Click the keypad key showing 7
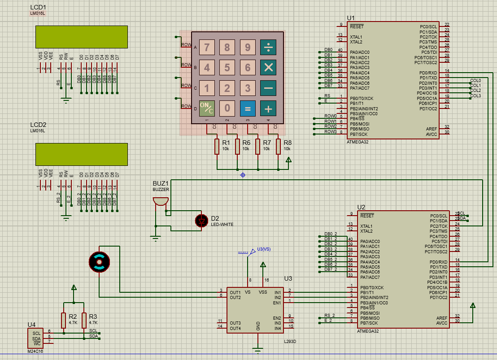pyautogui.click(x=207, y=47)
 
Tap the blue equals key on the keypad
pyautogui.click(x=248, y=108)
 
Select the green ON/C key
pyautogui.click(x=207, y=108)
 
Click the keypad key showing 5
pyautogui.click(x=227, y=68)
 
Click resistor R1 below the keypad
pyautogui.click(x=217, y=147)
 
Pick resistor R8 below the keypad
pyautogui.click(x=279, y=147)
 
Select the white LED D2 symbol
pyautogui.click(x=201, y=221)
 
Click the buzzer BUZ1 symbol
pyautogui.click(x=160, y=201)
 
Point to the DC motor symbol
pyautogui.click(x=99, y=262)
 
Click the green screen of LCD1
pyautogui.click(x=81, y=37)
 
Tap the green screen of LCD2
pyautogui.click(x=81, y=154)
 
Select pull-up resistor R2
pyautogui.click(x=64, y=320)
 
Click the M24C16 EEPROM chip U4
pyautogui.click(x=36, y=337)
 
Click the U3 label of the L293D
pyautogui.click(x=288, y=279)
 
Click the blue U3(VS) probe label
pyautogui.click(x=264, y=249)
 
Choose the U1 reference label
pyautogui.click(x=350, y=18)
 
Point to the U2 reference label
pyautogui.click(x=361, y=207)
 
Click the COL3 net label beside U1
pyautogui.click(x=475, y=96)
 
